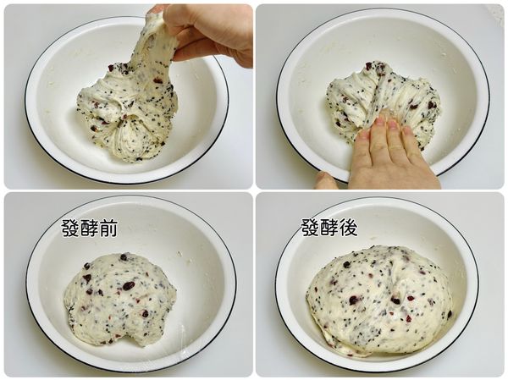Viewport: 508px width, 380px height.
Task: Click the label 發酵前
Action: click(89, 228)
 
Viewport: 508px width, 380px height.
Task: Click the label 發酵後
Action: click(329, 228)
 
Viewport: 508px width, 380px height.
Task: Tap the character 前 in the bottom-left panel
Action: click(108, 228)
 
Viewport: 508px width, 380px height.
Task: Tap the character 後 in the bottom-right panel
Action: click(347, 228)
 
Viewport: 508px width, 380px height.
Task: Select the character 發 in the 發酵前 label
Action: click(70, 228)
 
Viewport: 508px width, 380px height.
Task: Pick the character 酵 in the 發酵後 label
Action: click(329, 228)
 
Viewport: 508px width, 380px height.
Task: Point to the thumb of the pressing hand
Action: click(326, 180)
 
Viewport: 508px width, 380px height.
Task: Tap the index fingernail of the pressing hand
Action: click(364, 134)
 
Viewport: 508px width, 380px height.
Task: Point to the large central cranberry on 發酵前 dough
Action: click(128, 286)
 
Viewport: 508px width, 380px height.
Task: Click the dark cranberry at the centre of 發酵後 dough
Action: click(354, 300)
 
